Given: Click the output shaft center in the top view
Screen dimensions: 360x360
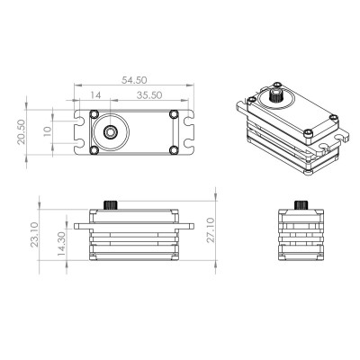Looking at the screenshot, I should pos(110,131).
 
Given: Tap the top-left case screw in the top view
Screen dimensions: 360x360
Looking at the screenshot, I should pos(94,114).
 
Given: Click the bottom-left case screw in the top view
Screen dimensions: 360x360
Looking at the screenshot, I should pos(94,148).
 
